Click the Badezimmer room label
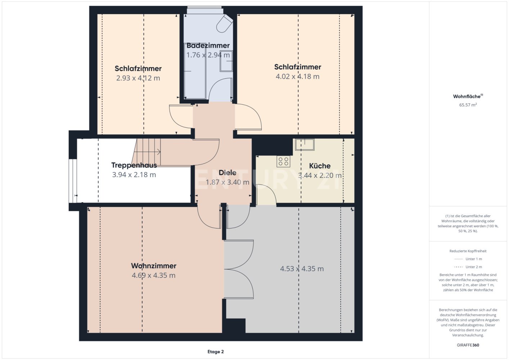(208, 45)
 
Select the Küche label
(320, 166)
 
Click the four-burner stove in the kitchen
(283, 161)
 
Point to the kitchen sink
(305, 145)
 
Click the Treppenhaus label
(134, 165)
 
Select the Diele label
(228, 172)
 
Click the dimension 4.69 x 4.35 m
(154, 275)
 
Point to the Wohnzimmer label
(154, 266)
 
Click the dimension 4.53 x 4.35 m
(302, 269)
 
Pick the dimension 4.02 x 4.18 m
(297, 76)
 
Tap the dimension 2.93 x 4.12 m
(138, 78)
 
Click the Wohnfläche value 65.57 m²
(468, 105)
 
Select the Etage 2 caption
(215, 352)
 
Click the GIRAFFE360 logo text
(468, 345)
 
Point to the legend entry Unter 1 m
(474, 259)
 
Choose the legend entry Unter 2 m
(474, 267)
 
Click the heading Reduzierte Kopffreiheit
(468, 251)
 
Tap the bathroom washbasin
(226, 61)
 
